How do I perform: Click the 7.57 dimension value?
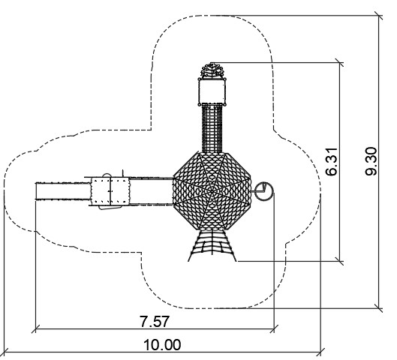(x=154, y=322)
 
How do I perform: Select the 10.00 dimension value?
(x=162, y=345)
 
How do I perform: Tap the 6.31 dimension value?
(x=332, y=162)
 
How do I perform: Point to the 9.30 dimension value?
(x=371, y=161)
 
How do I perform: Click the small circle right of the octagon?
(x=264, y=191)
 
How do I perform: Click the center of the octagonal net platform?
(x=212, y=191)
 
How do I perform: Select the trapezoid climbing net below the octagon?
(x=212, y=246)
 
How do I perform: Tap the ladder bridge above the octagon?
(x=212, y=129)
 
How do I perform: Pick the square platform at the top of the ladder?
(x=212, y=91)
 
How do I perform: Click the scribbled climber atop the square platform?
(x=212, y=70)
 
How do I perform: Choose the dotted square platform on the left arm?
(x=110, y=191)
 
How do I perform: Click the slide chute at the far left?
(x=63, y=191)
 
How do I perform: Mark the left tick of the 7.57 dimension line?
(x=35, y=329)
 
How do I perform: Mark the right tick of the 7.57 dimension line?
(x=274, y=329)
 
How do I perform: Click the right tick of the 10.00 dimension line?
(x=320, y=352)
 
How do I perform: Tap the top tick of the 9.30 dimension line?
(x=379, y=16)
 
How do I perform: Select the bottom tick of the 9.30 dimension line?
(x=379, y=308)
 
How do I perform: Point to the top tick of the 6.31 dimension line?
(x=339, y=62)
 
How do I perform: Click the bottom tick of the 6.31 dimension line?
(x=339, y=261)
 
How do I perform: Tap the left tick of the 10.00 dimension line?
(x=5, y=352)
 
